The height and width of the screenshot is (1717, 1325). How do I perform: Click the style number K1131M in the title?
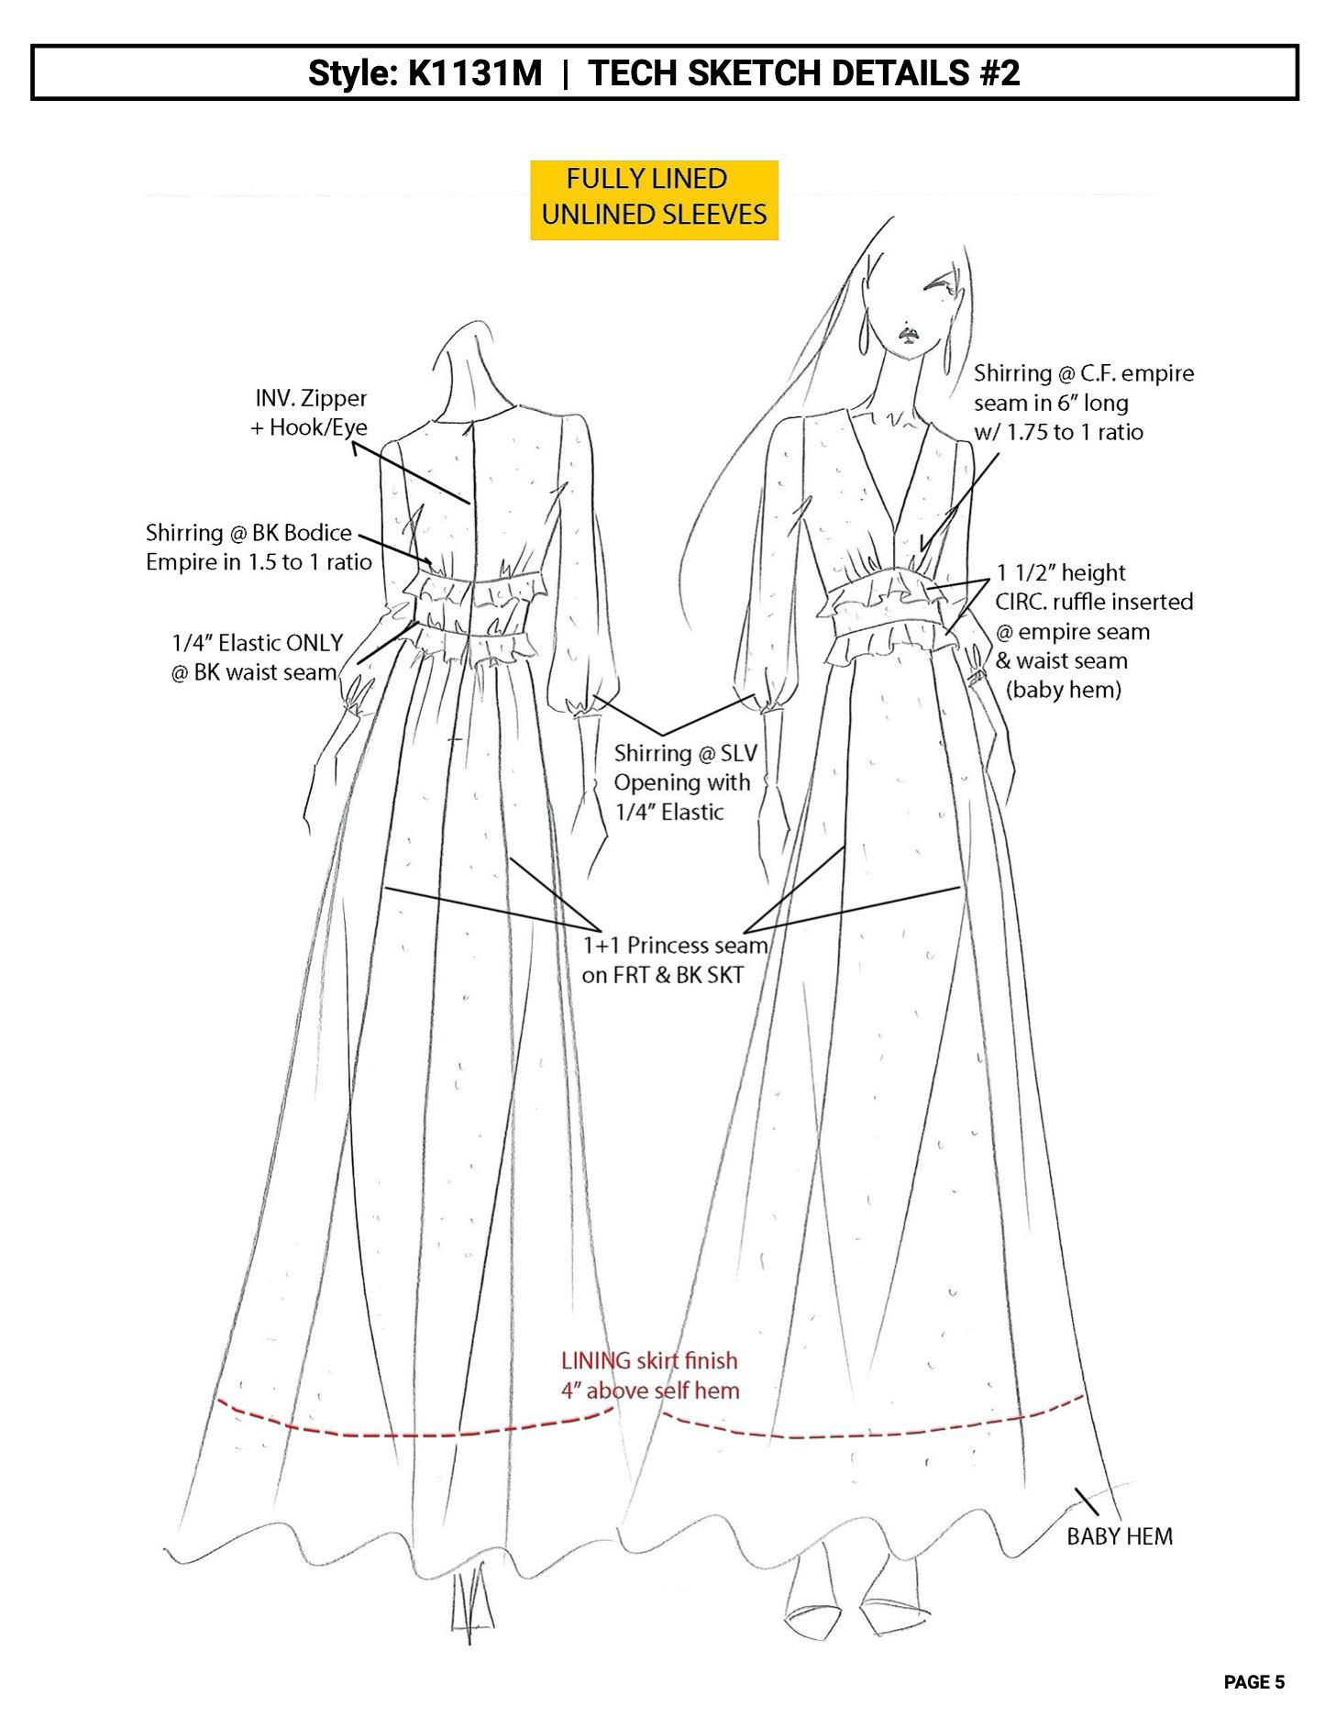tap(475, 72)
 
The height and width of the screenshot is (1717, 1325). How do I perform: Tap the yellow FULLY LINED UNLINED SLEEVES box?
tap(654, 200)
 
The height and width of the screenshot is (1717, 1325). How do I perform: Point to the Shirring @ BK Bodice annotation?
tap(258, 547)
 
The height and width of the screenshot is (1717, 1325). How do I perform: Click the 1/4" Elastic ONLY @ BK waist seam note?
tap(256, 657)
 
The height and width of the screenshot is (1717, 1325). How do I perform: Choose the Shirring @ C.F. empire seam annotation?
tap(1082, 402)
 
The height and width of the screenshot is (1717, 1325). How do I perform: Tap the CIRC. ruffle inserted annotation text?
tap(1093, 631)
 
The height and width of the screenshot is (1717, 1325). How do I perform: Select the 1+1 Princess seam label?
tap(674, 958)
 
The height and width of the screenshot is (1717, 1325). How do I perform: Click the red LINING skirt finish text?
tap(649, 1375)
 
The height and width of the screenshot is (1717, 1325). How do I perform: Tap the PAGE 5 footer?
tap(1253, 1682)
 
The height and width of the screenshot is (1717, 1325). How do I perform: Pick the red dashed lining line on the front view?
tap(871, 1433)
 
